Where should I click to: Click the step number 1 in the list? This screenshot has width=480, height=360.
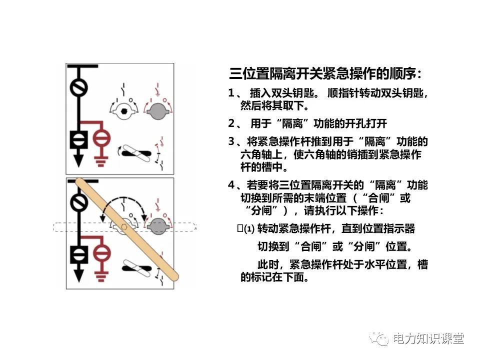click(x=231, y=93)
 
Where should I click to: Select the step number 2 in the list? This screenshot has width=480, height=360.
click(x=231, y=123)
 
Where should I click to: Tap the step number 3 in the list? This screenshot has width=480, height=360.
click(x=231, y=141)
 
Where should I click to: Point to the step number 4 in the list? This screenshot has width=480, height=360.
click(x=231, y=185)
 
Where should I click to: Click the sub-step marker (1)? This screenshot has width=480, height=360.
click(x=249, y=229)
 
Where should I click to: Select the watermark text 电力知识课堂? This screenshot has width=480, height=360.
click(x=428, y=339)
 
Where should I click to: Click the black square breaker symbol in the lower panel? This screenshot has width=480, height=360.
click(x=78, y=254)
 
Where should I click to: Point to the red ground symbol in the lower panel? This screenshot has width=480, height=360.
click(x=101, y=274)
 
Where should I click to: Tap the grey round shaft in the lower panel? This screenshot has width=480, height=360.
click(x=156, y=226)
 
